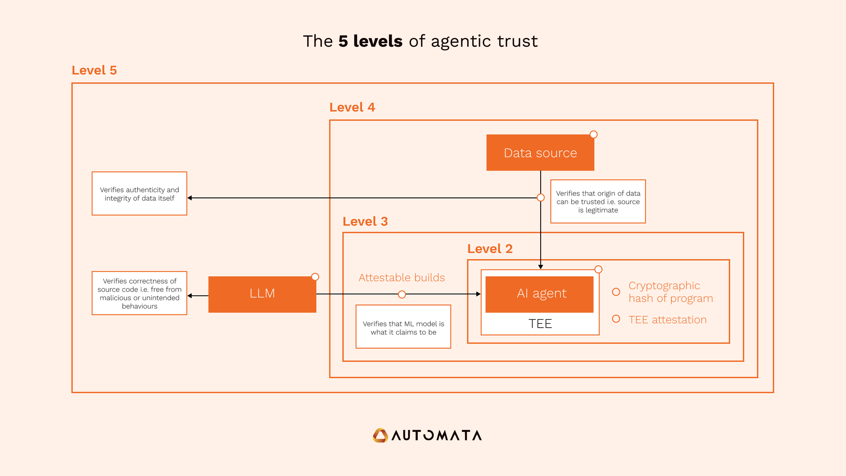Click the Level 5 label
(94, 70)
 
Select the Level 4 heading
(352, 107)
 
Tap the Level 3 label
(365, 221)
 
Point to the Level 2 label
(490, 249)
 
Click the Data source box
(540, 153)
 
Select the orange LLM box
(262, 294)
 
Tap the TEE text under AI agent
(540, 324)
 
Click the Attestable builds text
(402, 278)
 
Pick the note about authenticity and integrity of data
(139, 194)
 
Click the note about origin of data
(598, 202)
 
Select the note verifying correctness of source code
(139, 293)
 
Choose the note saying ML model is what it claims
(403, 327)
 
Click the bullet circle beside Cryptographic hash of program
(616, 292)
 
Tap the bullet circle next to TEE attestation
(616, 319)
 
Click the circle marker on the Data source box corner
(594, 134)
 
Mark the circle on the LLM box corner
(315, 277)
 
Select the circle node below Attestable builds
(402, 294)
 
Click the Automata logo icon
(380, 435)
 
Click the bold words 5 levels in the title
(370, 41)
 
